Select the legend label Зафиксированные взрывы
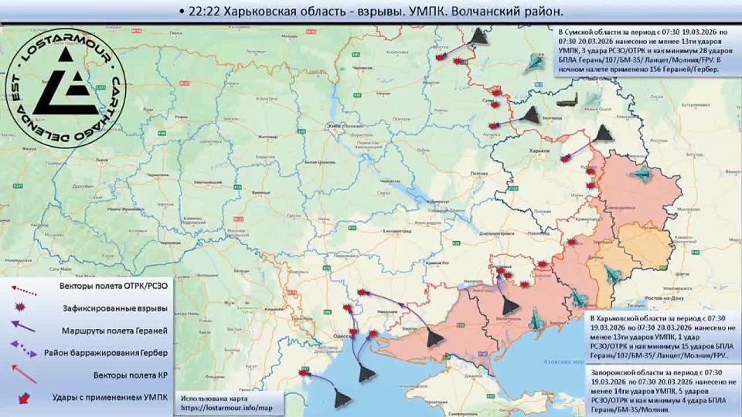coord(116,308)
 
